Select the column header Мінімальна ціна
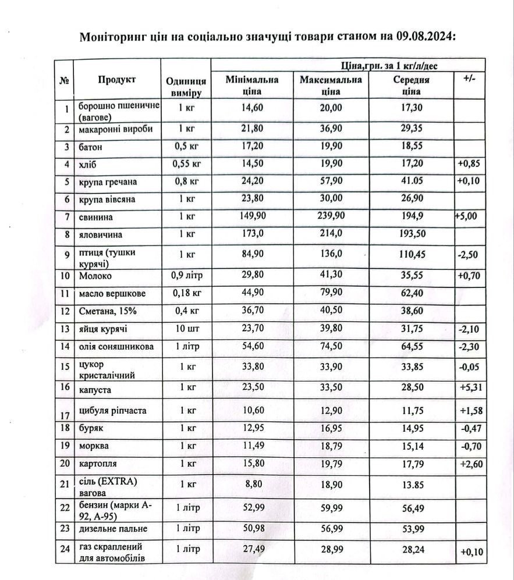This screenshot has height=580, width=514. (252, 85)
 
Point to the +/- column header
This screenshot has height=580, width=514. (469, 79)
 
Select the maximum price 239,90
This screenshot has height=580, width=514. (331, 217)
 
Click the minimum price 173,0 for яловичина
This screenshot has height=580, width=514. (252, 236)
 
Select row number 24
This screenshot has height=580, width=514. (65, 549)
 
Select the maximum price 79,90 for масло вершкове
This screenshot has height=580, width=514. (331, 293)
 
